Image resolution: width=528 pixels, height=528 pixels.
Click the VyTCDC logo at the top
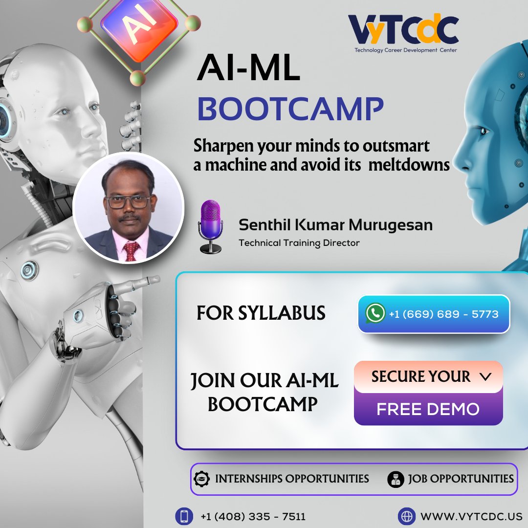[x=403, y=32]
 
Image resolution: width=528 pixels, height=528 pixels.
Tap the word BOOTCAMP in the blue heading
[x=290, y=110]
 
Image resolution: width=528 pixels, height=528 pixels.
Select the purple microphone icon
[x=211, y=226]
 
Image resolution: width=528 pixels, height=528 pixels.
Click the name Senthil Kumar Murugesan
[x=335, y=225]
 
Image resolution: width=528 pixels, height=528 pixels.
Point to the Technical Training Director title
[x=299, y=243]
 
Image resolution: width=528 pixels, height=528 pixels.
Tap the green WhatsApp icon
[x=375, y=313]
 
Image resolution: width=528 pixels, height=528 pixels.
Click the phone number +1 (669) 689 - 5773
[x=443, y=314]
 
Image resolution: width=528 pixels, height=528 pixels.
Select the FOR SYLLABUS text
[x=261, y=313]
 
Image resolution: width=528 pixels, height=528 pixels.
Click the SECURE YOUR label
[x=420, y=376]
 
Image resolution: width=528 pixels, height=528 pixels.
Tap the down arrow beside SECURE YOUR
[x=485, y=376]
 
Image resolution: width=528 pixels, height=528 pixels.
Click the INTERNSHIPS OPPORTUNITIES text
[x=292, y=478]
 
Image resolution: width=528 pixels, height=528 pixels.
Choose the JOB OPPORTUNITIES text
[x=461, y=478]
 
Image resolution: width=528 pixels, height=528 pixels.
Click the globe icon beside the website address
[x=406, y=516]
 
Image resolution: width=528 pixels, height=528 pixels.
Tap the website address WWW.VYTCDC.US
[x=471, y=516]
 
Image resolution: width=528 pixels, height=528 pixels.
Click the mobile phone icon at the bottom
[x=184, y=516]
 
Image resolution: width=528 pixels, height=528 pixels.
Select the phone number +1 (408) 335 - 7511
[x=253, y=516]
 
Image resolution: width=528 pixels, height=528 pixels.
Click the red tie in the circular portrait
[x=131, y=251]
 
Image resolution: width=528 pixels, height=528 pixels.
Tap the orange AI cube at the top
[x=138, y=27]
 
